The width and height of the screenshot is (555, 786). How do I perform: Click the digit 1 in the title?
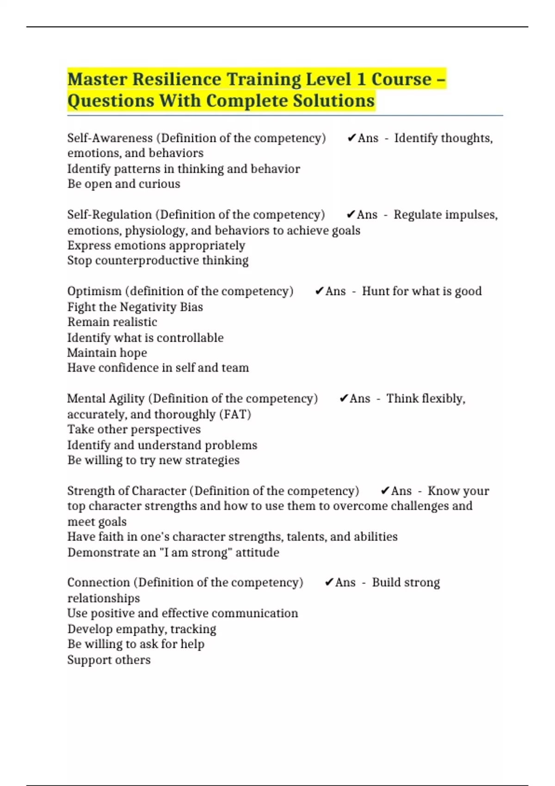tap(361, 79)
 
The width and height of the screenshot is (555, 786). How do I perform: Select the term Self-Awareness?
tap(110, 138)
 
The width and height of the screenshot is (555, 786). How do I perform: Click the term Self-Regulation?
tap(109, 215)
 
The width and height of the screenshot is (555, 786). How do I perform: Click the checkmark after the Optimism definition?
tap(319, 291)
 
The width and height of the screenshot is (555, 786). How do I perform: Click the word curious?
tap(159, 184)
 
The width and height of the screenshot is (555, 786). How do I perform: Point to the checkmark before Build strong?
tap(329, 583)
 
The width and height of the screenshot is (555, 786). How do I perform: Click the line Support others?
tap(109, 660)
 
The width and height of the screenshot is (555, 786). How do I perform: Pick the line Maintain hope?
tap(107, 353)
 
